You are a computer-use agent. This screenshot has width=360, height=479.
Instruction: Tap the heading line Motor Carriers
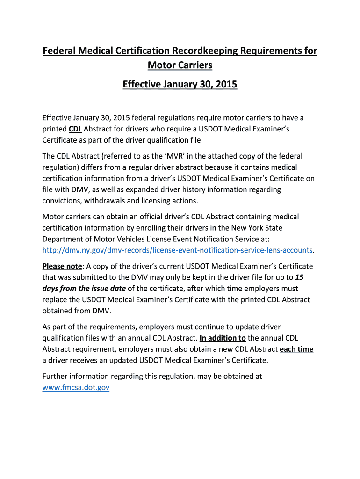pyautogui.click(x=180, y=65)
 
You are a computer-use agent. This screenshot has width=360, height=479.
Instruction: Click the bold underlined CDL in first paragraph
pyautogui.click(x=75, y=129)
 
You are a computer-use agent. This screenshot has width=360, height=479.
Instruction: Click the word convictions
pyautogui.click(x=62, y=201)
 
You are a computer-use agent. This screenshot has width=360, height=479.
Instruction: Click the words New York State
pyautogui.click(x=257, y=228)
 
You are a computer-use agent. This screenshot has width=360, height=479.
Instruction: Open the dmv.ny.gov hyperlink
pyautogui.click(x=177, y=250)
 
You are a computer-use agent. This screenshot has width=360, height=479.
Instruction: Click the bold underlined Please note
pyautogui.click(x=62, y=266)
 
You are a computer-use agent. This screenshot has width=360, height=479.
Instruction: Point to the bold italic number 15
pyautogui.click(x=300, y=277)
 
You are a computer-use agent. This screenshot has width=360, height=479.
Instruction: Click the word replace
pyautogui.click(x=56, y=300)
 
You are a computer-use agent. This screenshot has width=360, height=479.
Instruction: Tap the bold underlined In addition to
pyautogui.click(x=223, y=338)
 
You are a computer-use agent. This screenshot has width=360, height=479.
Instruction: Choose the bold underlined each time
pyautogui.click(x=296, y=349)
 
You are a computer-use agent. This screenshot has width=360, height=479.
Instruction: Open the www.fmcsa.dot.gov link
pyautogui.click(x=76, y=387)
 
